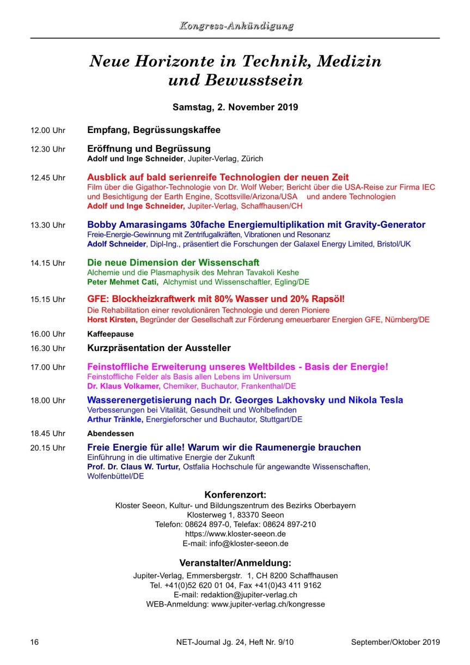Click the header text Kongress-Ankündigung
(x=235, y=26)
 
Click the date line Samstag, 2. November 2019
(x=235, y=107)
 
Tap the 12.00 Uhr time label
(x=48, y=131)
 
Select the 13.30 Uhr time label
(x=48, y=225)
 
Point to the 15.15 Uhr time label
(x=48, y=299)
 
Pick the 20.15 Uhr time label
(x=48, y=448)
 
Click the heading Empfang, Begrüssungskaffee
(x=154, y=130)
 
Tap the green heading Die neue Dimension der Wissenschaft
(x=173, y=262)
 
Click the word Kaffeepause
(x=111, y=334)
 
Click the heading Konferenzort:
(x=235, y=495)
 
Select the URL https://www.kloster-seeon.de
(x=235, y=534)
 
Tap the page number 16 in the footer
(x=34, y=642)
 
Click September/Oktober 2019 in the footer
(x=395, y=642)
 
